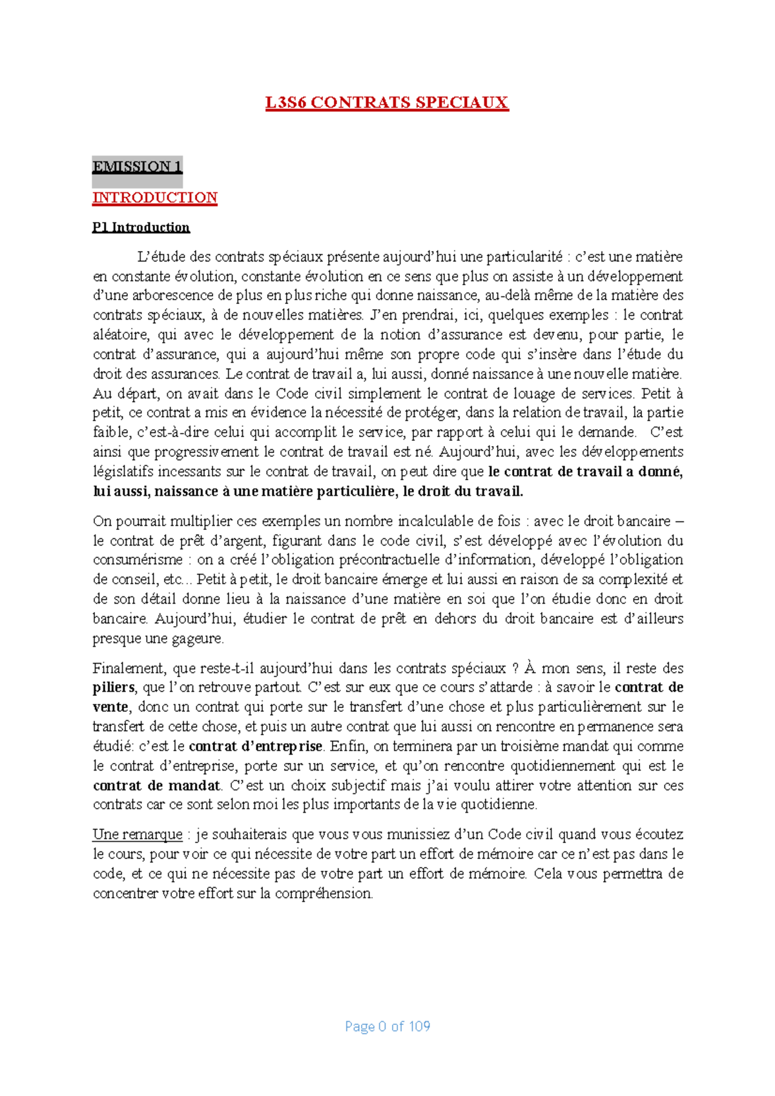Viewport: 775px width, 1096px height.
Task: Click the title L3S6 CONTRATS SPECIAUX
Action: (x=387, y=103)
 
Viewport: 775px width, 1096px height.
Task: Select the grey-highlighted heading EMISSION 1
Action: (x=137, y=167)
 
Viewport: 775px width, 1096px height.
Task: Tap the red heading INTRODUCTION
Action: (x=155, y=198)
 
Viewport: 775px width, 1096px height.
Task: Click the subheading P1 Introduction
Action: (x=141, y=227)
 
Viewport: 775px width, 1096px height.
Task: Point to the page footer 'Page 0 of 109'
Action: (x=387, y=1026)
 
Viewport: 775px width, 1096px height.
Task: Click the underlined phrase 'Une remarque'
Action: (x=138, y=835)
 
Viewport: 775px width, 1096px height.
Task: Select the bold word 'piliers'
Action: (x=114, y=687)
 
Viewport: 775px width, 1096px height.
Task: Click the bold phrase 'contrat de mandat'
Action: (x=157, y=786)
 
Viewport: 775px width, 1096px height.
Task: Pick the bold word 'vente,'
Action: (x=112, y=707)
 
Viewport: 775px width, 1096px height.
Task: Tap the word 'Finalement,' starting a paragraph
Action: (x=128, y=668)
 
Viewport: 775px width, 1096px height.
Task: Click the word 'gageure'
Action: (x=197, y=638)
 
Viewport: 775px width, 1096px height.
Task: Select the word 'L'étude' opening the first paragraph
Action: (x=156, y=257)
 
